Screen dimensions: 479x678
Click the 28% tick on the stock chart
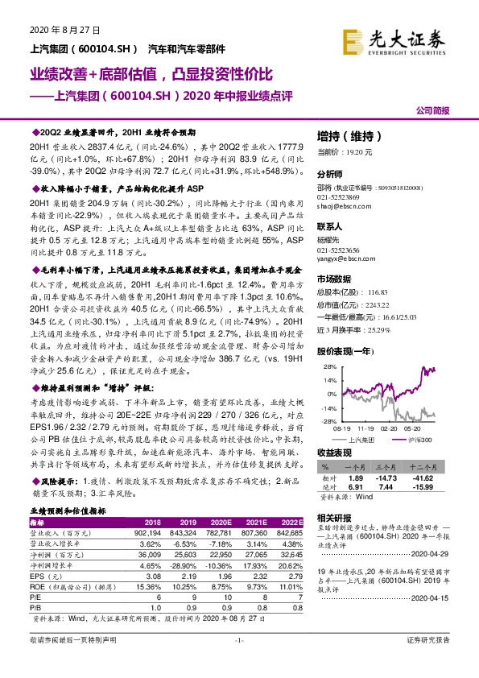click(327, 366)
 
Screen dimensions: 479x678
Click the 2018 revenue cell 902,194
click(154, 532)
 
